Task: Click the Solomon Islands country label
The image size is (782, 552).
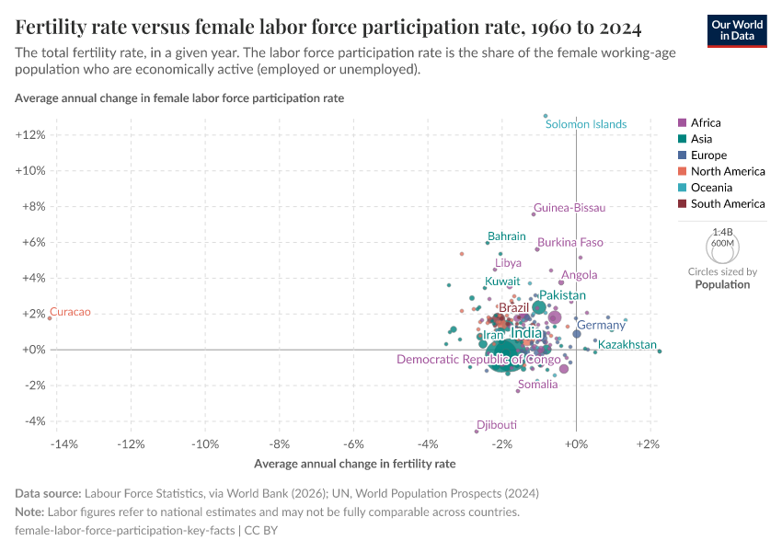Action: pos(586,124)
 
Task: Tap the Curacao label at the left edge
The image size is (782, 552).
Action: pos(70,313)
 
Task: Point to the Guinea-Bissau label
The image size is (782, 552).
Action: pos(569,208)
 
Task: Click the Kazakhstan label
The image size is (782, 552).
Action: pos(627,345)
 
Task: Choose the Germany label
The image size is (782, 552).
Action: pos(601,326)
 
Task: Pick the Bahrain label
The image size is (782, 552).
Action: pos(507,236)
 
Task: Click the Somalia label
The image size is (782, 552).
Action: pos(537,385)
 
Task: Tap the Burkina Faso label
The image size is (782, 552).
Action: pos(570,243)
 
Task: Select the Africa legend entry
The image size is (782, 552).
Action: pos(706,122)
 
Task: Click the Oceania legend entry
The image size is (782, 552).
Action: pos(711,188)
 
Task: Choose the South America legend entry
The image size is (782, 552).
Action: pos(727,204)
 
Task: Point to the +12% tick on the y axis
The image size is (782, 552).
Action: pos(30,135)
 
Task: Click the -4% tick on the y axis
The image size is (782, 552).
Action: pos(33,420)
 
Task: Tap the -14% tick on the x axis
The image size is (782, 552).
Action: pos(63,445)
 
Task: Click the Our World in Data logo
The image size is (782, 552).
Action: pos(738,30)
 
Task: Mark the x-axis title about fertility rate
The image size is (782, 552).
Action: pos(354,464)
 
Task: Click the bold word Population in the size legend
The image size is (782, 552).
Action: pos(722,285)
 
